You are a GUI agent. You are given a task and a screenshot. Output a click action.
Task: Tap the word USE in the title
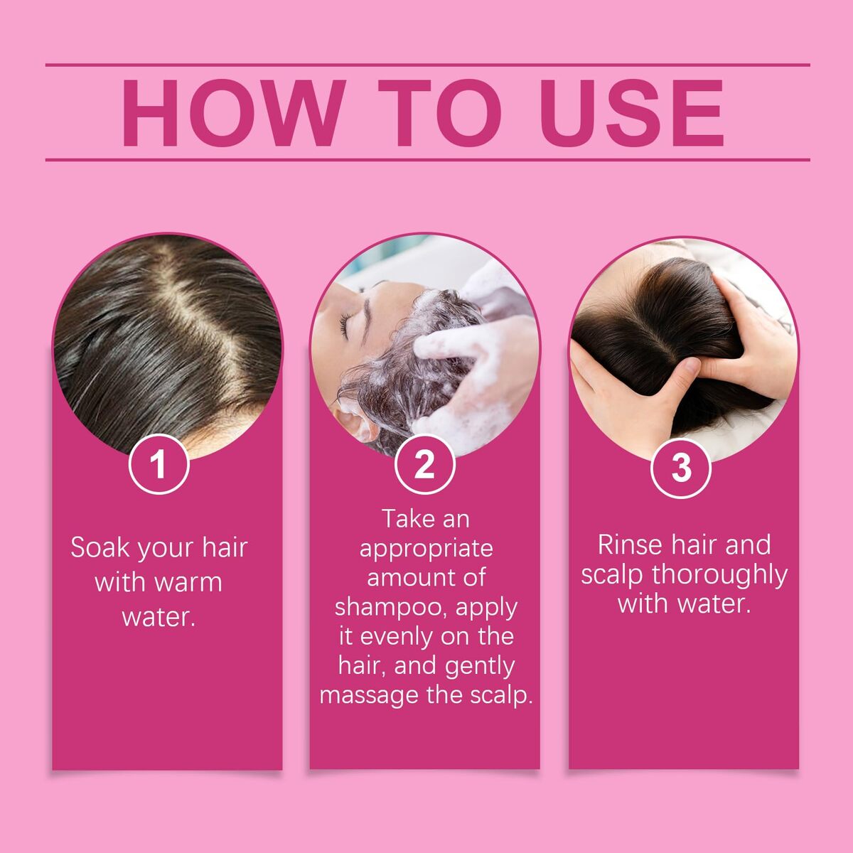point(631,113)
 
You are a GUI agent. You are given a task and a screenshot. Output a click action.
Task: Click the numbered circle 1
point(159,464)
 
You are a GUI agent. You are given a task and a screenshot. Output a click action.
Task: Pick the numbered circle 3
point(681,468)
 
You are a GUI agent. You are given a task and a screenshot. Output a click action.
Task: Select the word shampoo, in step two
point(392,608)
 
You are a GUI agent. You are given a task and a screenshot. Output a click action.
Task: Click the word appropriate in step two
point(426,549)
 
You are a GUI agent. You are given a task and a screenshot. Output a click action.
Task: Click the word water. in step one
point(159,616)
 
